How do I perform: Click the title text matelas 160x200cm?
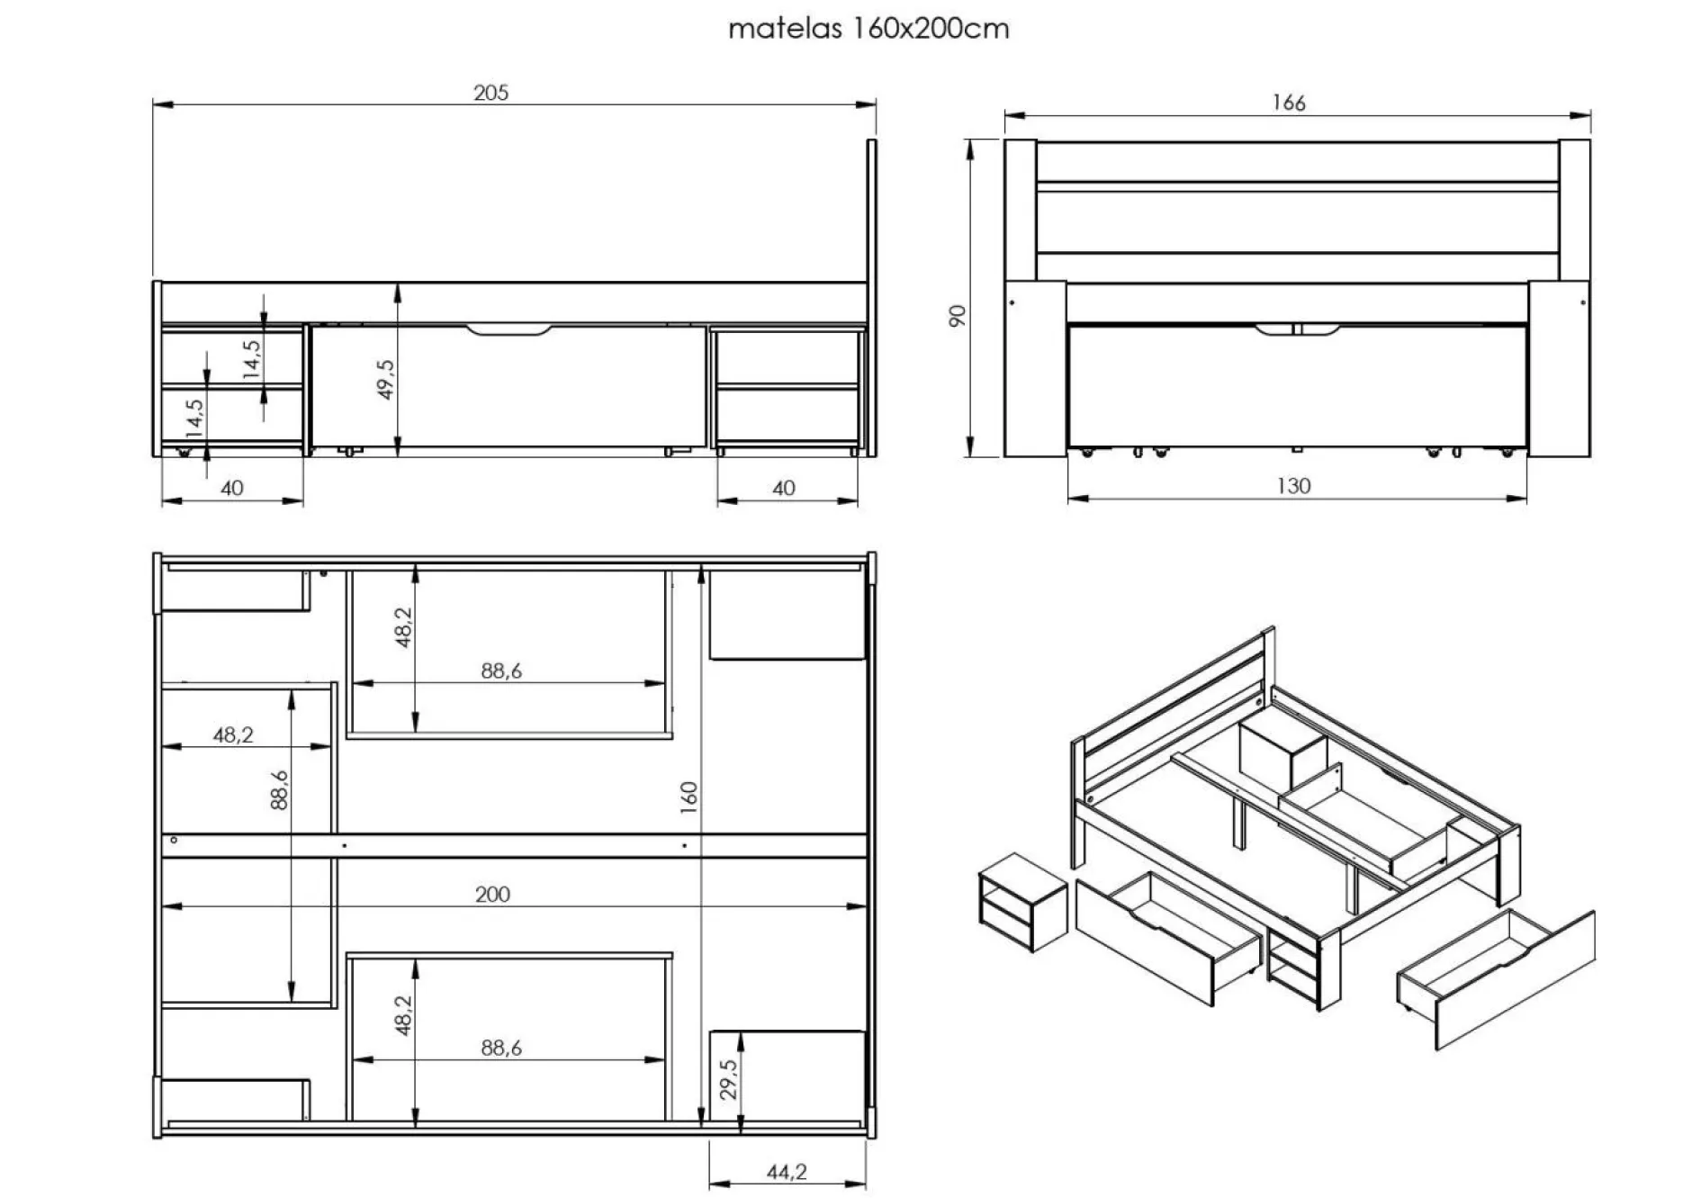point(868,29)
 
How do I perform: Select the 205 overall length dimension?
point(491,93)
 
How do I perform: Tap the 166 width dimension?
point(1288,103)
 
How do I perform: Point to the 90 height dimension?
point(958,316)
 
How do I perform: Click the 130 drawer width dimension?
point(1293,486)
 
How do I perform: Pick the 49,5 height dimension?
point(386,379)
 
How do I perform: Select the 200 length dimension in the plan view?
point(492,894)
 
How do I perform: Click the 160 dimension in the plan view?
point(689,797)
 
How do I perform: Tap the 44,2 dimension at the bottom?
point(787,1171)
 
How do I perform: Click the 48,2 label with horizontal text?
point(233,734)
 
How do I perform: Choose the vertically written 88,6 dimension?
point(280,789)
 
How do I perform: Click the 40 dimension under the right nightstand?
point(784,488)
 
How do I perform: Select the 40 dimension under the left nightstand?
point(232,488)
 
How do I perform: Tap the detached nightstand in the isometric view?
point(1021,902)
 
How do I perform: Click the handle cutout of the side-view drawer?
point(508,331)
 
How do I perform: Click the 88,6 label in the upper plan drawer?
point(501,671)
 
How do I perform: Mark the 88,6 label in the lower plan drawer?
point(501,1048)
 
